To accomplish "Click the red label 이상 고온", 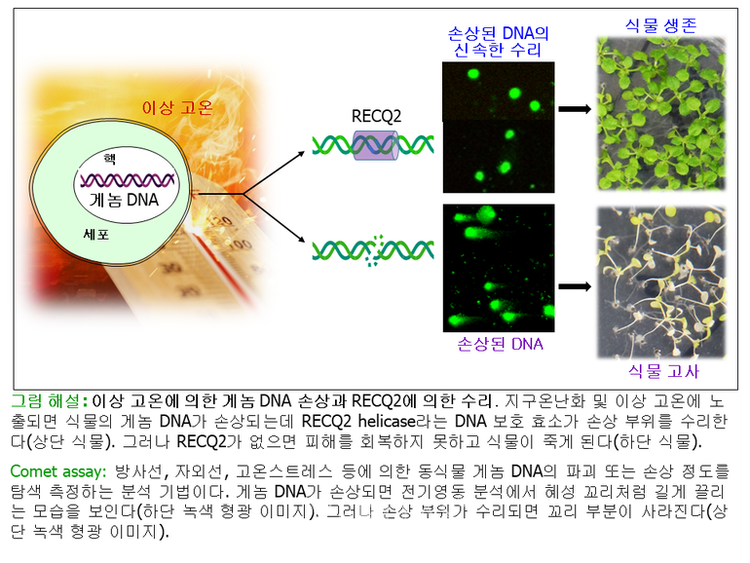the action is pyautogui.click(x=177, y=107).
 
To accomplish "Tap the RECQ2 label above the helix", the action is pyautogui.click(x=376, y=116).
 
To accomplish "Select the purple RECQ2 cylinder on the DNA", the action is pyautogui.click(x=376, y=145).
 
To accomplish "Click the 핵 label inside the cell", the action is pyautogui.click(x=109, y=159).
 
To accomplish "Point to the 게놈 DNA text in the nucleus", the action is pyautogui.click(x=125, y=200).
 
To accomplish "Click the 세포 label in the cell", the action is pyautogui.click(x=96, y=235).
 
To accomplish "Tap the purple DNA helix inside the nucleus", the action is pyautogui.click(x=128, y=180).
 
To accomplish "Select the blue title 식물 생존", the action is pyautogui.click(x=661, y=25).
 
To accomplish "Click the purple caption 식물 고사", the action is pyautogui.click(x=663, y=371).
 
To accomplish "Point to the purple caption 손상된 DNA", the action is pyautogui.click(x=500, y=344).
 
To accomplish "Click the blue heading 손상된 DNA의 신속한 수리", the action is pyautogui.click(x=498, y=42).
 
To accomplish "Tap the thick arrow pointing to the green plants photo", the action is pyautogui.click(x=575, y=109).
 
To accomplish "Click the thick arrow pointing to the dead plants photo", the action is pyautogui.click(x=575, y=286).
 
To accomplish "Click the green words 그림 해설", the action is pyautogui.click(x=46, y=401).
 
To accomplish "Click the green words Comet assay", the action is pyautogui.click(x=57, y=471).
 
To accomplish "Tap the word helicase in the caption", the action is pyautogui.click(x=387, y=421).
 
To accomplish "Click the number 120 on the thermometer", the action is pyautogui.click(x=220, y=222).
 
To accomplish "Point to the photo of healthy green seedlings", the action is pyautogui.click(x=661, y=114).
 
